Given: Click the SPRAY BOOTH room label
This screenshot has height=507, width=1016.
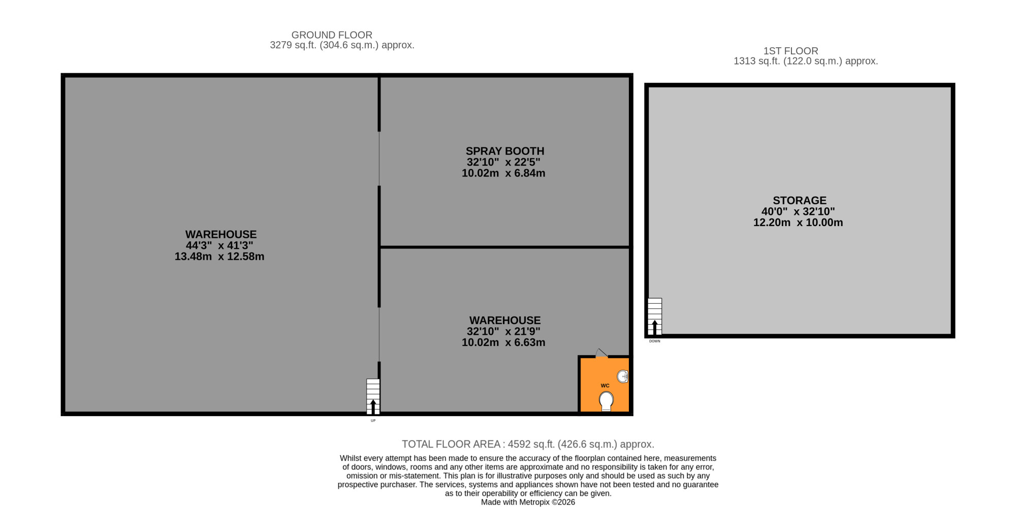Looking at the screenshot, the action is pos(505,151).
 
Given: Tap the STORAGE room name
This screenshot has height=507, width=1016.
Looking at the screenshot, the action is pos(800,200).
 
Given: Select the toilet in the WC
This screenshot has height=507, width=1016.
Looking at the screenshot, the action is pos(606,401).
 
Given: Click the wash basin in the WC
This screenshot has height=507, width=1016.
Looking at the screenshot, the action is pos(623,376).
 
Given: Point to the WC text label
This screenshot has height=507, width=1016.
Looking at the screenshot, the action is pos(605,386).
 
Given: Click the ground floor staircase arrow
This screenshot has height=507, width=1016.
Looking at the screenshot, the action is pos(373,406).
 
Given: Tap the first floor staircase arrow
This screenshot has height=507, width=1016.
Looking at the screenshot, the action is pos(654,328).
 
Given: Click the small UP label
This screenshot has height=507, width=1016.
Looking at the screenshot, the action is pos(373,421).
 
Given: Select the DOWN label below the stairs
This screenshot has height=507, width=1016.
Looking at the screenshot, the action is pos(655,341).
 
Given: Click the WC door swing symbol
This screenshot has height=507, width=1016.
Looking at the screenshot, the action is pos(601,353).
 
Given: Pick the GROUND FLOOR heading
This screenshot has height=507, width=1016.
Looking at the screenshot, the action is pos(332,35).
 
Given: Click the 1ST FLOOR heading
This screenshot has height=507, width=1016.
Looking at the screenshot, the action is pos(791,51).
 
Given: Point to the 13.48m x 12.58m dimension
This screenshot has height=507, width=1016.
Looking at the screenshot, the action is pos(219,257).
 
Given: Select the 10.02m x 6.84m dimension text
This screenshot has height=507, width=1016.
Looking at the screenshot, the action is pos(503,173).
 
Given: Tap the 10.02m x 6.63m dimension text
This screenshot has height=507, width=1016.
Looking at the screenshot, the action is pos(503,342).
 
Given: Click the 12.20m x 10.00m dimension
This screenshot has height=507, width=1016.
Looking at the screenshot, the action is pos(798,223).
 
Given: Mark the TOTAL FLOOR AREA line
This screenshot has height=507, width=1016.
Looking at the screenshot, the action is pos(528,445).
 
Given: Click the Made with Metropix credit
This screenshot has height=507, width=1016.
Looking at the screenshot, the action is pos(528,502).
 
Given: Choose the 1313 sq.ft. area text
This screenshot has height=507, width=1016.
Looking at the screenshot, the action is pos(806,61).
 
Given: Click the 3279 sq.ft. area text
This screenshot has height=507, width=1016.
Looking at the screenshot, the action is pos(342,45).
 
